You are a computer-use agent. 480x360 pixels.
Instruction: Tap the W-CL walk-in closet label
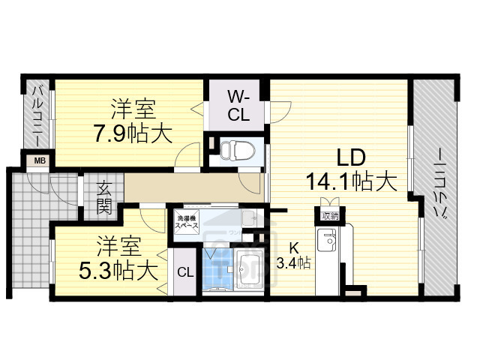point(238,106)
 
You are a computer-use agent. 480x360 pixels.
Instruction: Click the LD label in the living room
point(349,158)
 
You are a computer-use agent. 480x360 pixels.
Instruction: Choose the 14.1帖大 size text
point(349,182)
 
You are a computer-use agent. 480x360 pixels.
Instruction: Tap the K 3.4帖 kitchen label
point(293,256)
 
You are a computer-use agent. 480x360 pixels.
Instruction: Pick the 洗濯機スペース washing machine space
point(187,221)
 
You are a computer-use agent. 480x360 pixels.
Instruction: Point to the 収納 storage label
point(328,216)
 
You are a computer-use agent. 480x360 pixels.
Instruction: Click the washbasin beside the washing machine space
point(250,220)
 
